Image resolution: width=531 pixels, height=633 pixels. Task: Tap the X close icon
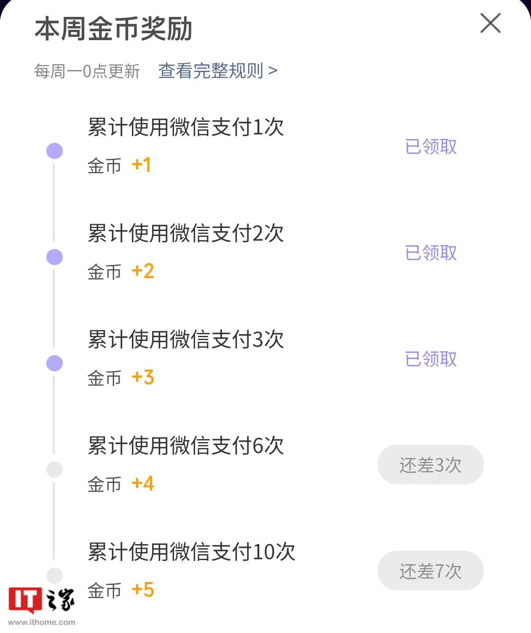pos(490,23)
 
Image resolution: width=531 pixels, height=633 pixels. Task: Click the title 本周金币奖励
pos(113,29)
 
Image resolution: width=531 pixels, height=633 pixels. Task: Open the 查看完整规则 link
pos(217,71)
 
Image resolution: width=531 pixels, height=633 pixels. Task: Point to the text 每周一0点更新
pos(87,71)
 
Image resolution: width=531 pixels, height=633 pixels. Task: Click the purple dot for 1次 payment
pos(54,151)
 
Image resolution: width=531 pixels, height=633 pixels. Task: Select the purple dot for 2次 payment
pos(54,257)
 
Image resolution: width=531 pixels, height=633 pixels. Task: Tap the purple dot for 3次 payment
pos(54,363)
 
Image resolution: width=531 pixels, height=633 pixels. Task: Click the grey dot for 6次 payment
pos(54,469)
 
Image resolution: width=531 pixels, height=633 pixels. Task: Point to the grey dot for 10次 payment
pos(54,575)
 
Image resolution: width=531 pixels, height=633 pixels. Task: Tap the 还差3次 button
pos(430,465)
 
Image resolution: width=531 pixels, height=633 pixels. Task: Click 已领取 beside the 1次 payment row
pos(431,147)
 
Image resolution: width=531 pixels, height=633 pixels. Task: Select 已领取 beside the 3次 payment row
pos(431,359)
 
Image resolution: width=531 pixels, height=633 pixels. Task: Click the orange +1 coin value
pos(141,165)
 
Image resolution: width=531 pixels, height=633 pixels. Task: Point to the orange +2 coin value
pos(143,271)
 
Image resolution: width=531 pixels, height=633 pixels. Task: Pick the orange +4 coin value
pos(143,483)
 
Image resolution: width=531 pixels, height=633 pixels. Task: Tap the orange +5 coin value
pos(143,590)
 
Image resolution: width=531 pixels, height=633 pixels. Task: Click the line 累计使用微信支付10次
pos(191,552)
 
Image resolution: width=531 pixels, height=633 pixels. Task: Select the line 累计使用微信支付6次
pos(186,445)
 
